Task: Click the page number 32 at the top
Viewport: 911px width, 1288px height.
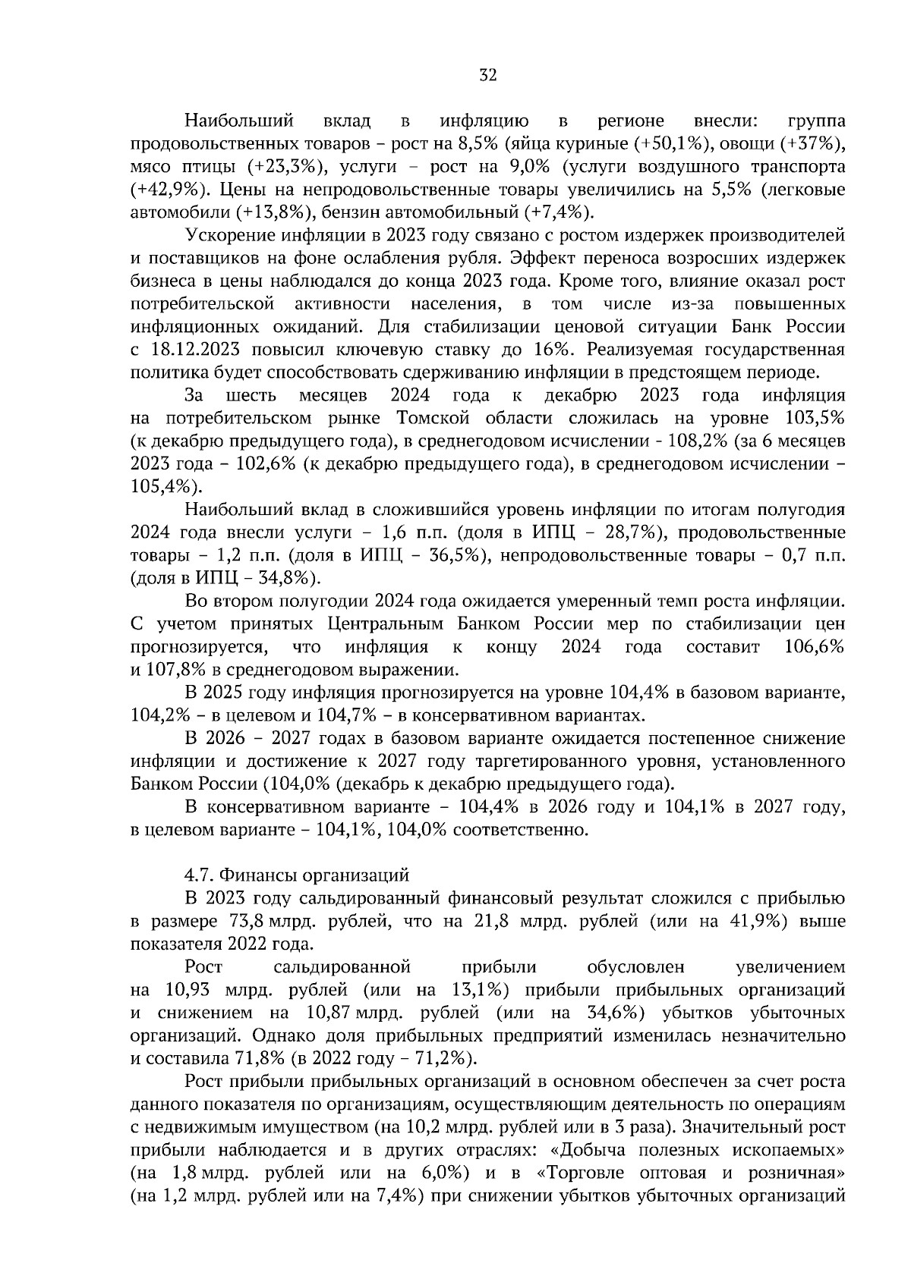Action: click(x=488, y=74)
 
